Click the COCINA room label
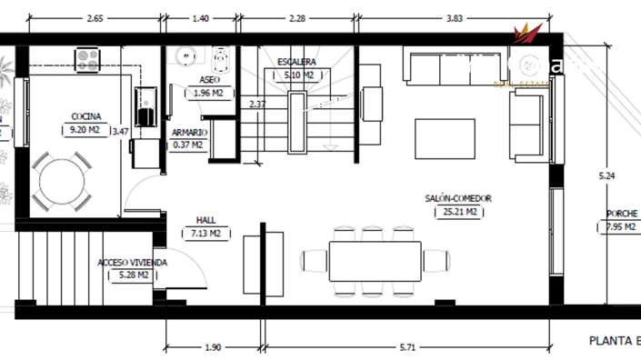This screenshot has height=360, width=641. (x=86, y=116)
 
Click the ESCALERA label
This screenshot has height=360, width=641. (x=296, y=62)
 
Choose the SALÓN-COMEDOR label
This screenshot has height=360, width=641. (x=458, y=198)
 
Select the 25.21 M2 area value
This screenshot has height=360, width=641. (x=458, y=212)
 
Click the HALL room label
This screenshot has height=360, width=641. (x=205, y=220)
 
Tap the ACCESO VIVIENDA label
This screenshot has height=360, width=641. (x=133, y=263)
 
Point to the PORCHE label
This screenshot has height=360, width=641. (x=622, y=215)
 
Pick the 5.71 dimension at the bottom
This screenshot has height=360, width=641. (x=406, y=347)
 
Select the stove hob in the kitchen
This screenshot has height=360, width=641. (x=87, y=60)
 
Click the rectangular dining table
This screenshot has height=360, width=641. (x=376, y=261)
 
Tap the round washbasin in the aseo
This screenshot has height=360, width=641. (x=188, y=56)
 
